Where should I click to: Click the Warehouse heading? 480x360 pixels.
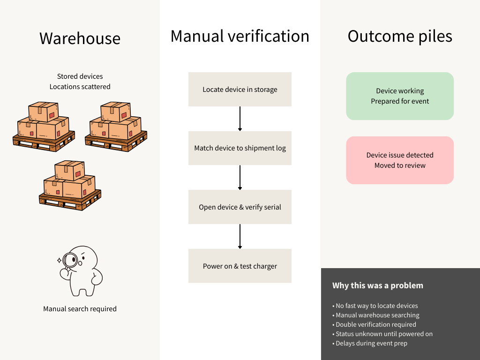point(80,38)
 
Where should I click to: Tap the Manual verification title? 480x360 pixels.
point(240,36)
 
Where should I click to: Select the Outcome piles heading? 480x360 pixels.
point(400,36)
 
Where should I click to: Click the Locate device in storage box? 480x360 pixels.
point(240,89)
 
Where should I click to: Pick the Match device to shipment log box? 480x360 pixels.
point(240,148)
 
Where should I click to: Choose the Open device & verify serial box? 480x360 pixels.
point(240,207)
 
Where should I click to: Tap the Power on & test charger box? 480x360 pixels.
point(240,266)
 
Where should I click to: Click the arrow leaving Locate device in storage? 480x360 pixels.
point(240,119)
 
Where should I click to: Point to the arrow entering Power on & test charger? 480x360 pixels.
point(240,236)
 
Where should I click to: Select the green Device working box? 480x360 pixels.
point(400,96)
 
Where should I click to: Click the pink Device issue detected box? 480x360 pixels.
point(400,160)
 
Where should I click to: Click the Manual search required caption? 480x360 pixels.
point(80,309)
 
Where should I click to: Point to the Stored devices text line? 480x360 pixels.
point(80,76)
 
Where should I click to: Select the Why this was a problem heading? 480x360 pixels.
point(377,285)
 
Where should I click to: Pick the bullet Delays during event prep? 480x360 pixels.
point(371,343)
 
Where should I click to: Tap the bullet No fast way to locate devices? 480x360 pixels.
point(376,306)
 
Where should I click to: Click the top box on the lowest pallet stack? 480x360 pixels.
point(69,171)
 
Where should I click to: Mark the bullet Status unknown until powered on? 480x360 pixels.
point(384,334)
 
